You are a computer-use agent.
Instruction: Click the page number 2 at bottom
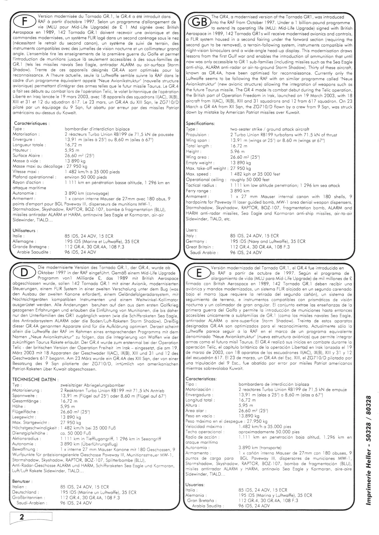[22, 516]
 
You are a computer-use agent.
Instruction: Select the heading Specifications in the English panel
[200, 124]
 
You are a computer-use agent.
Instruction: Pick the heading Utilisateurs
[25, 231]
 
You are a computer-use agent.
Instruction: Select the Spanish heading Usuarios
[195, 484]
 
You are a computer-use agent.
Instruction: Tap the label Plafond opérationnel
[34, 177]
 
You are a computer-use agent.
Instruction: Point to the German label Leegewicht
[24, 417]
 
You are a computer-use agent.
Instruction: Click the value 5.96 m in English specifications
[237, 151]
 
